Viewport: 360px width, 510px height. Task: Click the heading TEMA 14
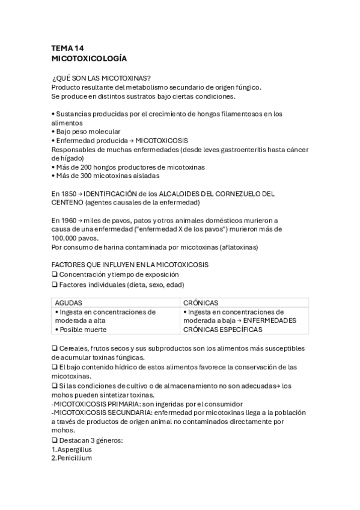click(68, 48)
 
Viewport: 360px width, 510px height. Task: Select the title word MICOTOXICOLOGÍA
click(89, 59)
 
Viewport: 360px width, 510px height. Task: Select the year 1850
click(69, 194)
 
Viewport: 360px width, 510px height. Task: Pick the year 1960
click(69, 220)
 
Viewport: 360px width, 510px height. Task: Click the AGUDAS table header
click(69, 303)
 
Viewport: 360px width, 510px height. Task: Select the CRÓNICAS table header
click(201, 303)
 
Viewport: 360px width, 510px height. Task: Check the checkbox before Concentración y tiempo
click(55, 275)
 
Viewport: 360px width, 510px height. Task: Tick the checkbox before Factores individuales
click(55, 284)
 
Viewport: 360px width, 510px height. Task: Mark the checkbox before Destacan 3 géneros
click(55, 440)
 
